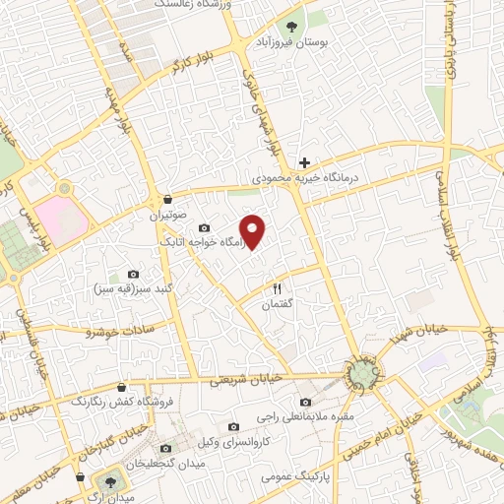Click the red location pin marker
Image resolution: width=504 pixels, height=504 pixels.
(x=254, y=230)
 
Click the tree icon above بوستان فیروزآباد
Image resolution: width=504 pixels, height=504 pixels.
(x=290, y=27)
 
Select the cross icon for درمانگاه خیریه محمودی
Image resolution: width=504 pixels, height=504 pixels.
(x=305, y=161)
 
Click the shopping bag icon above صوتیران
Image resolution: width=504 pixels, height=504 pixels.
(x=167, y=197)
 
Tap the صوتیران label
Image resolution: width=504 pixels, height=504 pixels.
(x=167, y=214)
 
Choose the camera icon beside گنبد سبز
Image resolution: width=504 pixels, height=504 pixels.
(x=134, y=274)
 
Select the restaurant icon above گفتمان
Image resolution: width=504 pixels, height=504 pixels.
(x=277, y=288)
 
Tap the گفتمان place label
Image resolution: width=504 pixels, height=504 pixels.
(x=277, y=305)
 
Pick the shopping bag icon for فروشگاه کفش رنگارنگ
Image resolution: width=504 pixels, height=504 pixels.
(x=121, y=387)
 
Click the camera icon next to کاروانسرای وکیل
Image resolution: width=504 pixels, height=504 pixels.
(x=233, y=426)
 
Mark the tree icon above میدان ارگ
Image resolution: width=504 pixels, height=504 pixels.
(x=108, y=481)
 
